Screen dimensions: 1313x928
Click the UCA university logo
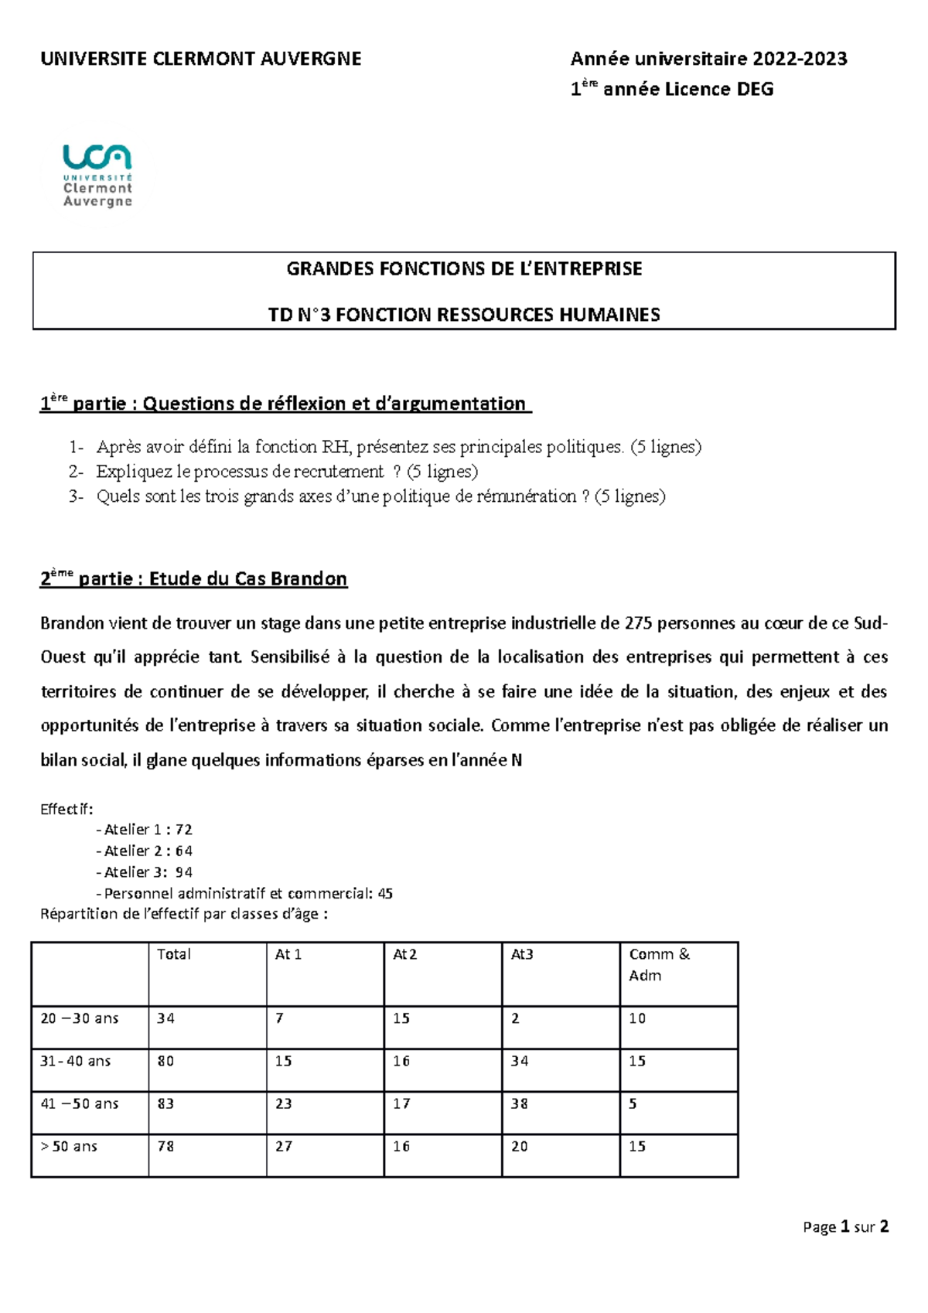[97, 176]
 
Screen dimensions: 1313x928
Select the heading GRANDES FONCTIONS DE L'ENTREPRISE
[464, 269]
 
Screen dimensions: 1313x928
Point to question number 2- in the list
[75, 472]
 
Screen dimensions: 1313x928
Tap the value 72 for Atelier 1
[183, 830]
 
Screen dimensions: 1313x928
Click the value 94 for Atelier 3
[183, 872]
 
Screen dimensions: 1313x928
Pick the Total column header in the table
[173, 954]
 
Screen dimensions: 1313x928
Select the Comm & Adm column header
[658, 964]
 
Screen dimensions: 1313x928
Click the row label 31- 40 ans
[75, 1061]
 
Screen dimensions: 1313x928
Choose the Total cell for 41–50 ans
[165, 1103]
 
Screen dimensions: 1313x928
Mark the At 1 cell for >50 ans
[284, 1146]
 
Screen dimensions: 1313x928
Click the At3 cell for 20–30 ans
[515, 1018]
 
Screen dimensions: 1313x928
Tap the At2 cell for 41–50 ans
[401, 1103]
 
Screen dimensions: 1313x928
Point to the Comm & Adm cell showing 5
[633, 1103]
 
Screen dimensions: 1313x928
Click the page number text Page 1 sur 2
[845, 1226]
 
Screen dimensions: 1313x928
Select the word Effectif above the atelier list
[66, 810]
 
